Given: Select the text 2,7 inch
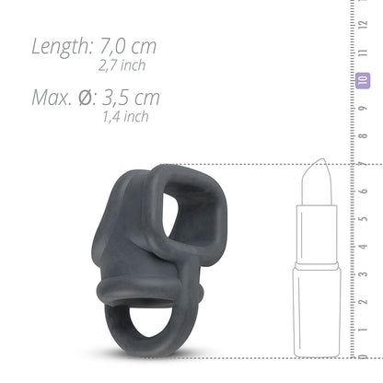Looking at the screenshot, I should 122,66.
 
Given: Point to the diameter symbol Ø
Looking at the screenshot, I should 91,98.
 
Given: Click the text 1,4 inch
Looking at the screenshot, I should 126,117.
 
